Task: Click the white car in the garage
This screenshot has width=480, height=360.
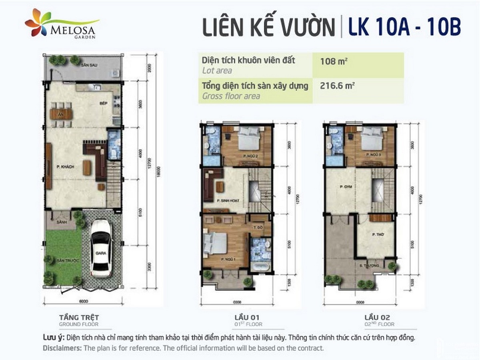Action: [x=100, y=248]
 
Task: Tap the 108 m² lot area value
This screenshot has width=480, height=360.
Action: [x=332, y=62]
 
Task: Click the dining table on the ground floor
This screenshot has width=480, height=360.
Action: [x=61, y=114]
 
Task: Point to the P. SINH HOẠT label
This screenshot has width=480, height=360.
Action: [x=227, y=201]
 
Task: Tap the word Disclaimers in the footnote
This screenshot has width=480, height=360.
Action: [x=62, y=348]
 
